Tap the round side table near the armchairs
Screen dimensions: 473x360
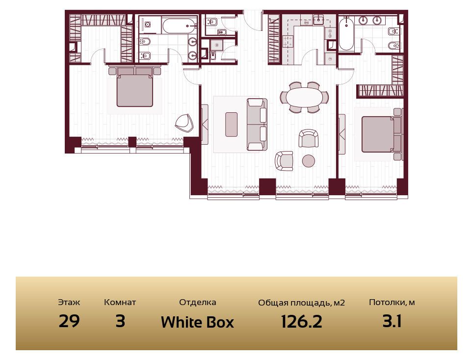point(309,161)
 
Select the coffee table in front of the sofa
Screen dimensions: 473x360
point(232,124)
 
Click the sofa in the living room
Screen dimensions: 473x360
point(257,124)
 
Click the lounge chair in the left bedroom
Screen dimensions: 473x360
point(184,123)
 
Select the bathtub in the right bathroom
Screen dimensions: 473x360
point(346,34)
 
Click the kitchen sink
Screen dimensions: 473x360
point(318,20)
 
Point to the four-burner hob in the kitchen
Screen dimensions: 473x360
point(288,41)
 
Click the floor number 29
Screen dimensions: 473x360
point(69,321)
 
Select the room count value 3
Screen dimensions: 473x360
point(120,321)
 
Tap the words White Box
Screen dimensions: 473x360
point(197,322)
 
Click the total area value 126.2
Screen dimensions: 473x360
point(301,321)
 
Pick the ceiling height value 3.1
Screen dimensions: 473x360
point(392,321)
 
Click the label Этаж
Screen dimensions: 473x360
point(69,302)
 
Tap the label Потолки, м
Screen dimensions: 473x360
point(392,303)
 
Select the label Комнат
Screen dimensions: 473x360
point(120,302)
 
